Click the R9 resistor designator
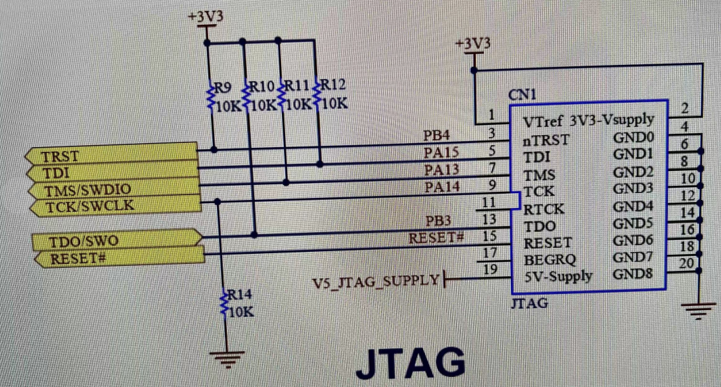point(223,88)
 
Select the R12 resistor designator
point(333,86)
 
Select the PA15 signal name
point(441,153)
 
